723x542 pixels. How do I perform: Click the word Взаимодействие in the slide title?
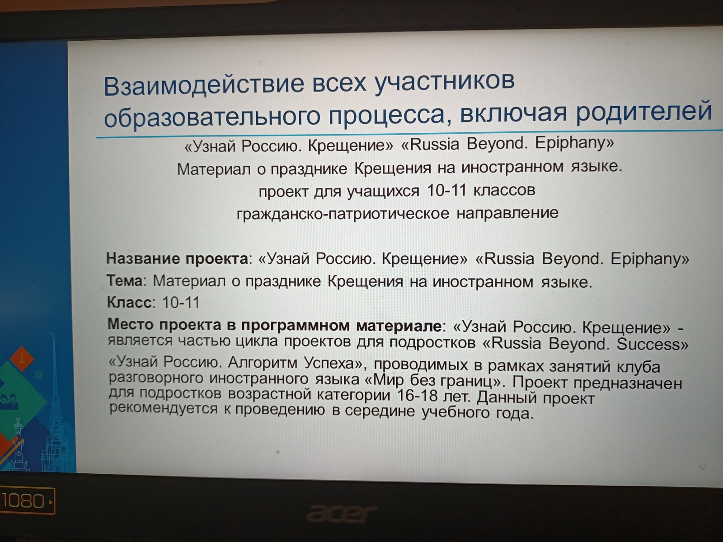tap(204, 84)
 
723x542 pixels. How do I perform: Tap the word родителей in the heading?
tap(644, 111)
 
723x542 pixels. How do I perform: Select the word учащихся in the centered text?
tap(383, 191)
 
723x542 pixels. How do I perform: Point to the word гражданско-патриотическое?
tap(343, 214)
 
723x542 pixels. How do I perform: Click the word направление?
tap(507, 213)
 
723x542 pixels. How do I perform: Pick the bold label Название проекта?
tap(178, 259)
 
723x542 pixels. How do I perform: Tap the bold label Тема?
tap(125, 280)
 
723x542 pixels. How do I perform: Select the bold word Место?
tap(131, 324)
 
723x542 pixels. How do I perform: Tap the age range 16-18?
tap(418, 395)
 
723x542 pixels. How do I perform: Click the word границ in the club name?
tap(467, 381)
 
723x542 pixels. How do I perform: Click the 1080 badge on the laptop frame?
tap(26, 501)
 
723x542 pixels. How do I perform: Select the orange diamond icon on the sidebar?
tap(22, 359)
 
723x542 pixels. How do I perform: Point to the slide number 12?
tap(702, 467)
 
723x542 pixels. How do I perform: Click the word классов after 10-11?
tap(504, 190)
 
